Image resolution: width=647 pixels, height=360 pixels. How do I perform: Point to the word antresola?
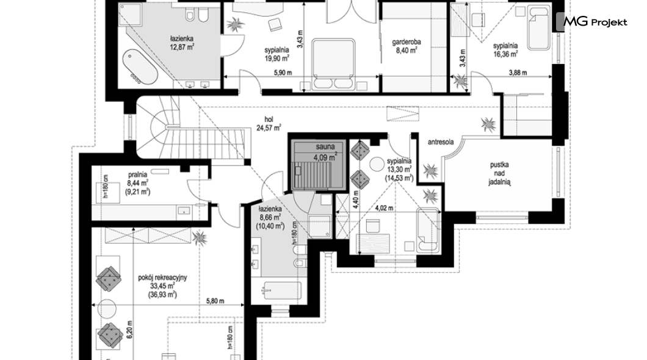(x=441, y=142)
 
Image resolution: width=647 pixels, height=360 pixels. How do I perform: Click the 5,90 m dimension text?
(x=283, y=73)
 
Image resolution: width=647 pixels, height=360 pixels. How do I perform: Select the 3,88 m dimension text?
(x=518, y=73)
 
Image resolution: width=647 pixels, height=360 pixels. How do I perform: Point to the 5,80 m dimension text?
(x=215, y=301)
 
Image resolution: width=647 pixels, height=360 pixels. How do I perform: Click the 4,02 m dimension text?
(x=384, y=208)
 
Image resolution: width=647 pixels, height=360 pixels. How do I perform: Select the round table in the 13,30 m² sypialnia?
(x=377, y=164)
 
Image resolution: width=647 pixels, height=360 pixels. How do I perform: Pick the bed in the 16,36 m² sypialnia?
(x=539, y=28)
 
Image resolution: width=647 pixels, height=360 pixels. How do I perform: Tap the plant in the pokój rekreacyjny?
(x=200, y=238)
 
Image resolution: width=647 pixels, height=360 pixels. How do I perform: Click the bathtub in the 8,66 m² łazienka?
(x=283, y=292)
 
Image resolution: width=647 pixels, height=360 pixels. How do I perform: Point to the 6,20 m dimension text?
(x=129, y=329)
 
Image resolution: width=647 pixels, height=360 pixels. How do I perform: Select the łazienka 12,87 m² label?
(x=181, y=43)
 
